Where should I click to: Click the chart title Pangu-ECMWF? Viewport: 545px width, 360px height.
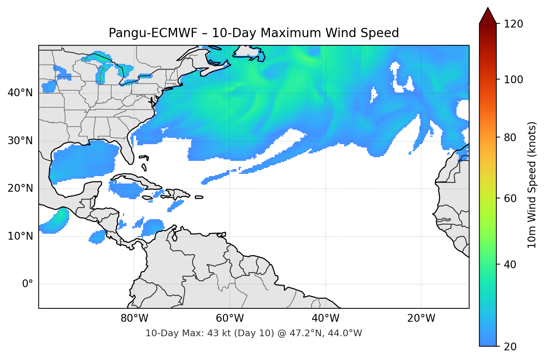(x=254, y=33)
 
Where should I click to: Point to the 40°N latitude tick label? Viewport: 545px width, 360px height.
(x=20, y=93)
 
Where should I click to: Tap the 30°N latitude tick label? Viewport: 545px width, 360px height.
(x=20, y=141)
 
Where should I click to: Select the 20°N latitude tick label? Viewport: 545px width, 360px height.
(x=20, y=188)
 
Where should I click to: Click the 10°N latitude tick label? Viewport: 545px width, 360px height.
(x=20, y=236)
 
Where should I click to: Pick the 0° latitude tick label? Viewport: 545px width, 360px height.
(x=28, y=284)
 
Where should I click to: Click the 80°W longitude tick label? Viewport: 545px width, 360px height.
(x=135, y=318)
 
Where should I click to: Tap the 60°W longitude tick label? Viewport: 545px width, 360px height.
(x=230, y=318)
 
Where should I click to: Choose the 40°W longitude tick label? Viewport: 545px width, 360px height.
(x=326, y=318)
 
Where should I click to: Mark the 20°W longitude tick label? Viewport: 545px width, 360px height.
(x=421, y=318)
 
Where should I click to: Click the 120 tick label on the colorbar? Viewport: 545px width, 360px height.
(x=513, y=24)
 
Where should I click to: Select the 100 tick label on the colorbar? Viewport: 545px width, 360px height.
(x=513, y=80)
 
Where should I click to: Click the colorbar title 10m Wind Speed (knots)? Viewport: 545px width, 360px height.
(x=532, y=185)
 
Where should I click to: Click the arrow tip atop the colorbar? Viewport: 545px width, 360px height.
(x=488, y=8)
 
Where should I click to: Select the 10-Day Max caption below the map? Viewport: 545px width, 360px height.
(x=254, y=333)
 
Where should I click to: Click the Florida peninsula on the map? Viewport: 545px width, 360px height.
(x=128, y=150)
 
